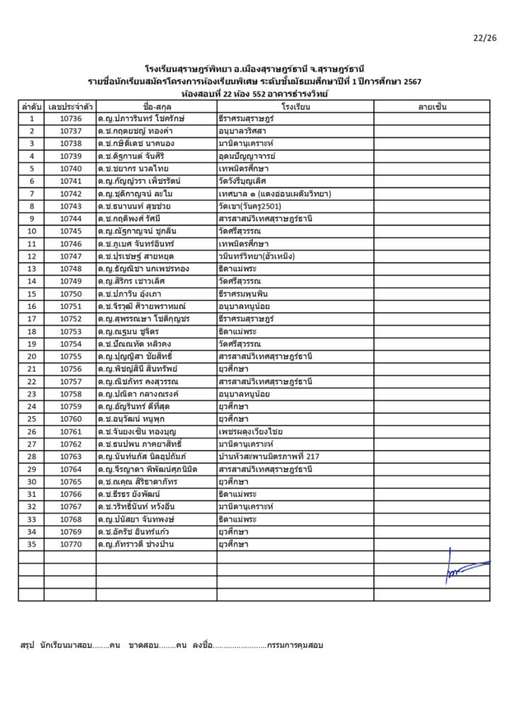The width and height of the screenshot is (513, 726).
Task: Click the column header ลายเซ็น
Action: [432, 106]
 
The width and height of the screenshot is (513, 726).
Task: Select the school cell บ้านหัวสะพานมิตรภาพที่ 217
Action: [269, 457]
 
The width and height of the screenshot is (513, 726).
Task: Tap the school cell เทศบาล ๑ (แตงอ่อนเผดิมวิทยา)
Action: [276, 194]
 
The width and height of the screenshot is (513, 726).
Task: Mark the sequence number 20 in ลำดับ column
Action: [32, 356]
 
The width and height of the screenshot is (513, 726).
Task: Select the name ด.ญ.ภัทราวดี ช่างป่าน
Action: [136, 544]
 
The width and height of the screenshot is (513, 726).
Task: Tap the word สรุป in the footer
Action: [28, 646]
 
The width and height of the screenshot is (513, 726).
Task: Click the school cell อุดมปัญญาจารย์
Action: [247, 156]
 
